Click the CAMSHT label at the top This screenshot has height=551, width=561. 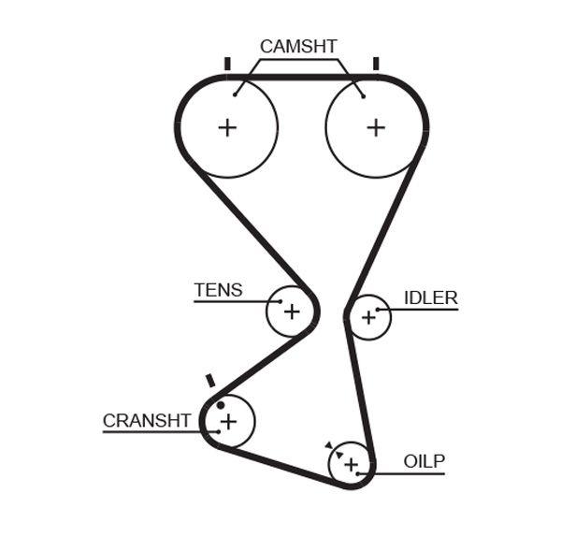[x=298, y=47]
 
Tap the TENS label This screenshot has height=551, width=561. [x=218, y=290]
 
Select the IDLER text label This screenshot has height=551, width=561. [x=430, y=298]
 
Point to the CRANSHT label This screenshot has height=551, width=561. [x=147, y=421]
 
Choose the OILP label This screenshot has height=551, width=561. [x=424, y=461]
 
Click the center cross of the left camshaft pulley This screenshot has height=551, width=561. [x=227, y=127]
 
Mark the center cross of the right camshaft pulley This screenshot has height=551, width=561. [x=376, y=127]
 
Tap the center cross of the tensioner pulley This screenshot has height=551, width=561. [x=292, y=312]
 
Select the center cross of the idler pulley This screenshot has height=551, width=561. [x=367, y=318]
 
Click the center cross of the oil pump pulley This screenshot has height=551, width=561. [x=351, y=464]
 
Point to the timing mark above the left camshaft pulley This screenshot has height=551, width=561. [x=226, y=64]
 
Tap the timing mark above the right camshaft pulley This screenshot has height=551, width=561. [x=376, y=64]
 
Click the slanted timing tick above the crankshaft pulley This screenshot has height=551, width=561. [x=210, y=381]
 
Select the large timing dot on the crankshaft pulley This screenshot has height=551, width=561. [x=221, y=405]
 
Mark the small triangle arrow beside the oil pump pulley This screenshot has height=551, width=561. [x=329, y=446]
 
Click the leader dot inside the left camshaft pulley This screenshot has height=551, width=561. [x=237, y=93]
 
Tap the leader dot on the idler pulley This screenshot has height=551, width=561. [x=378, y=309]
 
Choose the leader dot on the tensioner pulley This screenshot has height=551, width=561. [x=280, y=301]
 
